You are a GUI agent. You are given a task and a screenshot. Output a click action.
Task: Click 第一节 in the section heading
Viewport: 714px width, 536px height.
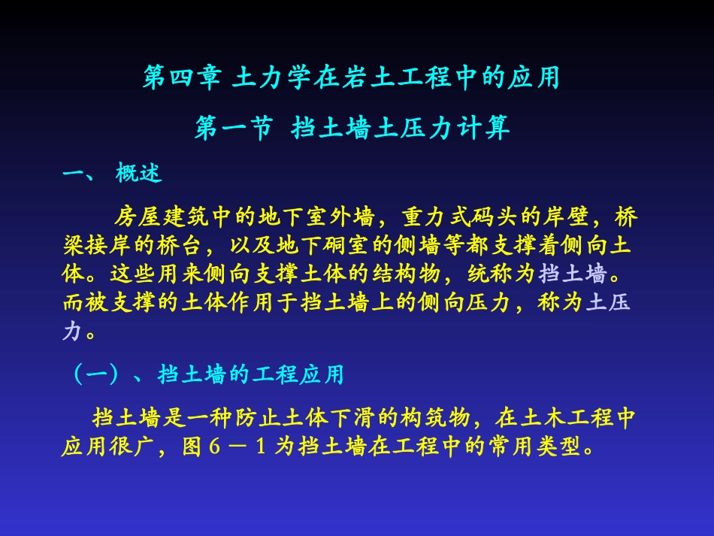point(233,129)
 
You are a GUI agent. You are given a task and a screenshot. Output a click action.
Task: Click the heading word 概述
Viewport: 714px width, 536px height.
point(138,174)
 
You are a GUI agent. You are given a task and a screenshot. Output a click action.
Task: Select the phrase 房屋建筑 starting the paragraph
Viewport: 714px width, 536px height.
point(158,218)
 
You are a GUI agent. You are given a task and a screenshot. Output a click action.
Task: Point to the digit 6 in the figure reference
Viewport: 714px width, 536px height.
point(214,447)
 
